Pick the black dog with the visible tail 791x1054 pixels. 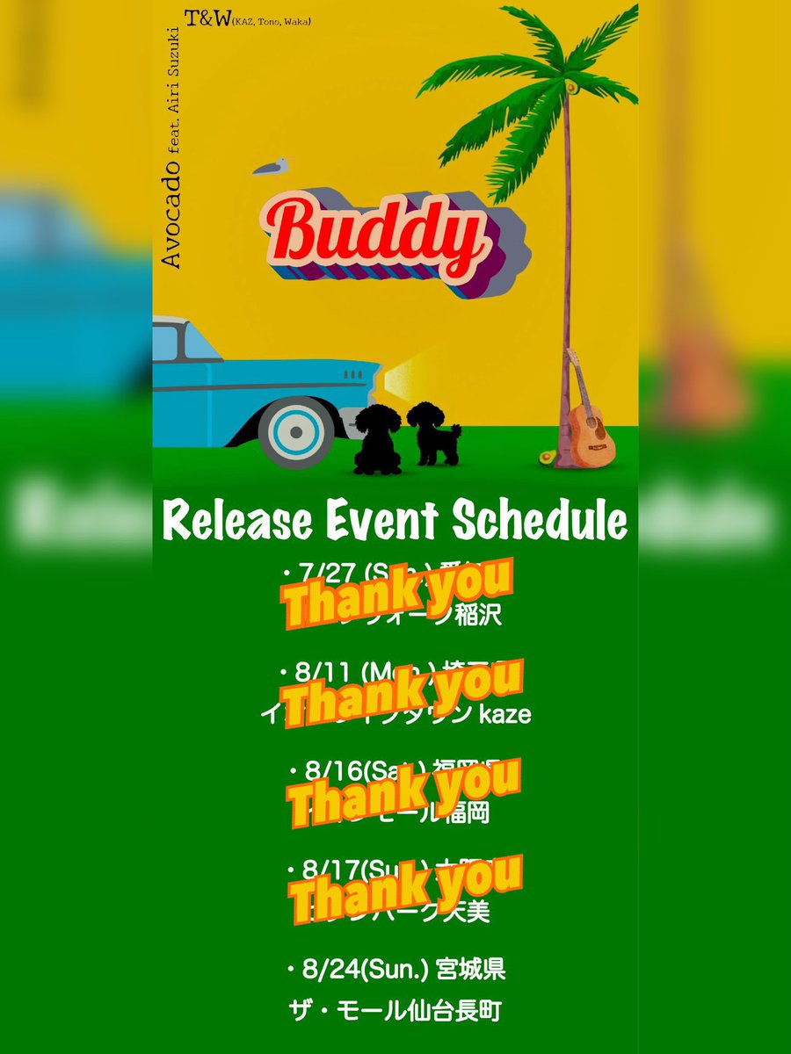(433, 433)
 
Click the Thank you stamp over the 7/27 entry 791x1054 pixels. (396, 593)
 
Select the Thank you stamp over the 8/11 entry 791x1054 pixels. (404, 691)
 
